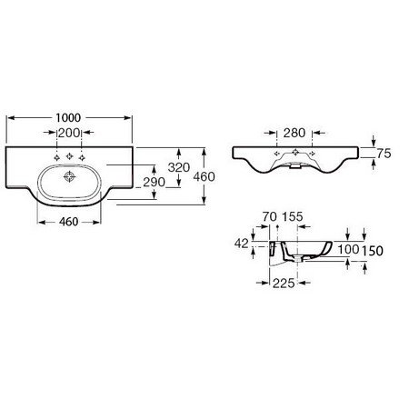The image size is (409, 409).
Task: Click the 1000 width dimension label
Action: pyautogui.click(x=68, y=117)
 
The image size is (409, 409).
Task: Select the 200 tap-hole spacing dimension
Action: pyautogui.click(x=69, y=133)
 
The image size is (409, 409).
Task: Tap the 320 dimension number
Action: pyautogui.click(x=179, y=167)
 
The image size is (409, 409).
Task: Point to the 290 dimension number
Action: pyautogui.click(x=154, y=182)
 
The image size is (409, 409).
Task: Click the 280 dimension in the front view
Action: pyautogui.click(x=294, y=133)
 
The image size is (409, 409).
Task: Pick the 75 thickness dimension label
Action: pyautogui.click(x=384, y=154)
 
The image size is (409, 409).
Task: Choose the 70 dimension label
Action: pyautogui.click(x=269, y=216)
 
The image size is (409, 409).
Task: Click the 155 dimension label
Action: pyautogui.click(x=293, y=216)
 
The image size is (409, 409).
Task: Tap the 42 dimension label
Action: pyautogui.click(x=242, y=244)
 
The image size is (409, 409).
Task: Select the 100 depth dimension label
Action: pyautogui.click(x=348, y=249)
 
